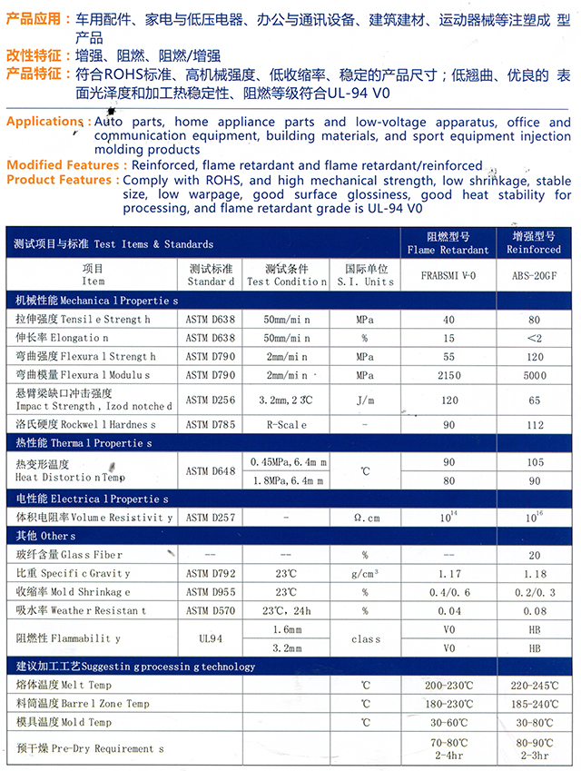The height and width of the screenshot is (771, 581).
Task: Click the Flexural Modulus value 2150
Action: point(447,374)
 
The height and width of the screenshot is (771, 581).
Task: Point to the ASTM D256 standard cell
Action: point(210,399)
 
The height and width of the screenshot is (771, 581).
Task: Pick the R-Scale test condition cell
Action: point(287,424)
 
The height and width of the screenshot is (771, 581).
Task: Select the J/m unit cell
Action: point(365,399)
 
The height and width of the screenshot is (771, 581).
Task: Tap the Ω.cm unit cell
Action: point(365,518)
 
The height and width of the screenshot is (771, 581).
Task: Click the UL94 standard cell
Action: point(210,638)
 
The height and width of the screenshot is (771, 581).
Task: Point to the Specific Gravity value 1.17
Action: point(447,574)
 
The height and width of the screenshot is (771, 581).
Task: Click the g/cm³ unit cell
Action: point(365,574)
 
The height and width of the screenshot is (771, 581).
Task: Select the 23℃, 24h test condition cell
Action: point(287,610)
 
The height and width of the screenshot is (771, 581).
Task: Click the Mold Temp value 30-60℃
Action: point(447,723)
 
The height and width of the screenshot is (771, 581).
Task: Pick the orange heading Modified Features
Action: point(64,165)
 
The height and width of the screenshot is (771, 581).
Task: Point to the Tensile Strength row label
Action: point(83,320)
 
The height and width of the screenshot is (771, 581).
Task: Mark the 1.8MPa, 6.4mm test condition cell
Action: point(287,480)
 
